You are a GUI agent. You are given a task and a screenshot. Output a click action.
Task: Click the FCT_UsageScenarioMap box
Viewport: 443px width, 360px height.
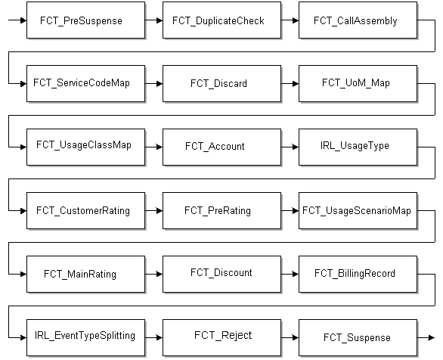pyautogui.click(x=358, y=210)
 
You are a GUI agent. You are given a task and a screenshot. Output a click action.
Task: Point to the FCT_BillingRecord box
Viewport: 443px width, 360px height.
pyautogui.click(x=358, y=273)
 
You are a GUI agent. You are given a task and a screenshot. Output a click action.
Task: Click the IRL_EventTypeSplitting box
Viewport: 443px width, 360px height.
pyautogui.click(x=85, y=336)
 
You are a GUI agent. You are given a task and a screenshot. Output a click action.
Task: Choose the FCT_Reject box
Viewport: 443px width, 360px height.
pyautogui.click(x=221, y=336)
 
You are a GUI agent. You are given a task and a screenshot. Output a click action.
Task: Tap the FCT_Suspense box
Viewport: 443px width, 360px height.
pyautogui.click(x=358, y=336)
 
